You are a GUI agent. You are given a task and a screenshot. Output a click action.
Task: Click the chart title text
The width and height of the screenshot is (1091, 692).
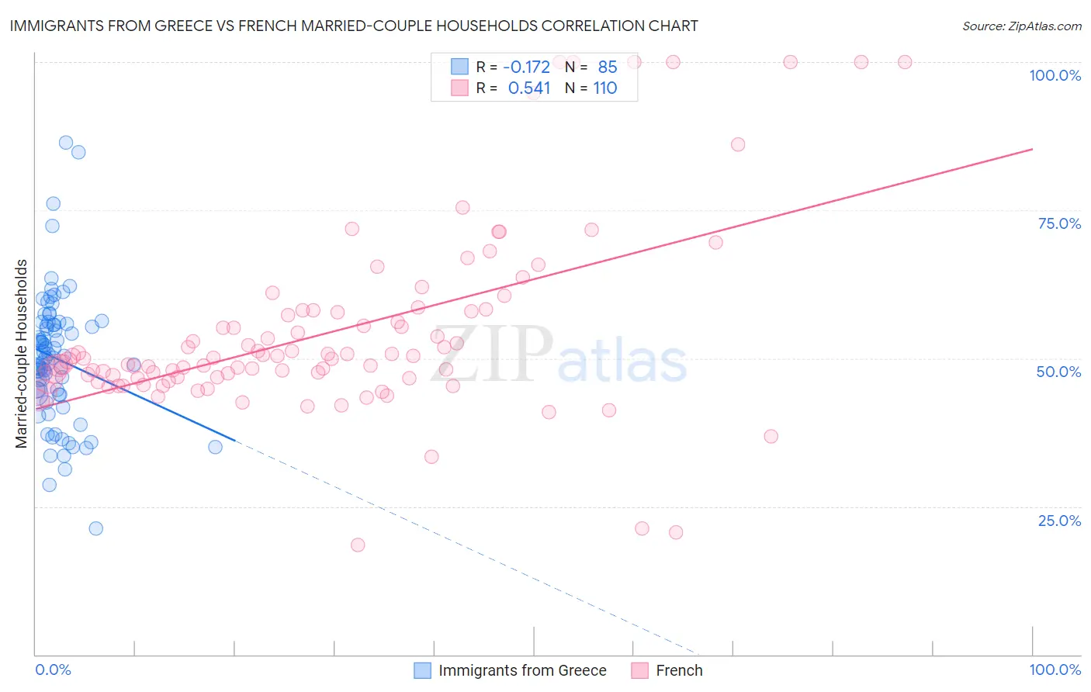354,26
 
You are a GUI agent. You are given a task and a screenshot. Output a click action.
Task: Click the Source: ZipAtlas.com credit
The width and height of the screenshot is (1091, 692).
1021,26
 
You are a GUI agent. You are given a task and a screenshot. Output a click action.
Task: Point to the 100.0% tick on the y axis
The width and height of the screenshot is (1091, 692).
1055,75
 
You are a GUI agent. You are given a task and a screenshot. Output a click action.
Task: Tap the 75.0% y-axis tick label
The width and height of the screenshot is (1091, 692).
1059,223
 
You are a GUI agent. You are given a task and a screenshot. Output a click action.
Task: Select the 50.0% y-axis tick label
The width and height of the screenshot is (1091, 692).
1058,372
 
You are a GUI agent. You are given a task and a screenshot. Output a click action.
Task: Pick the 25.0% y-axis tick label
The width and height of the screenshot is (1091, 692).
1059,521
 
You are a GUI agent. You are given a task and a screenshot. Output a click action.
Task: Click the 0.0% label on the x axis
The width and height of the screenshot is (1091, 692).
53,670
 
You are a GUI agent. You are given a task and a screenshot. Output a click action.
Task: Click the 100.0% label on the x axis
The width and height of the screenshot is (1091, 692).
1055,670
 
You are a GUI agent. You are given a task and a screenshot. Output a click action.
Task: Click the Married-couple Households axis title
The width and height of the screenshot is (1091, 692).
22,353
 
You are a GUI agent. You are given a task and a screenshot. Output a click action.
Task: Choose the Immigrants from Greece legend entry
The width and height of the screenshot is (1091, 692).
522,670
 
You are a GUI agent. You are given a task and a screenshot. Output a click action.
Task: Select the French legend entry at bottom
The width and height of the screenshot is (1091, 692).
679,670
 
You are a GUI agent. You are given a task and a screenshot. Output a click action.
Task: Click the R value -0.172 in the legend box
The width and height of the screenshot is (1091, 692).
527,67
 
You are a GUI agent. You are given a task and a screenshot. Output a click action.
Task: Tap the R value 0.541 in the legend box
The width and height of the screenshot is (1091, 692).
529,88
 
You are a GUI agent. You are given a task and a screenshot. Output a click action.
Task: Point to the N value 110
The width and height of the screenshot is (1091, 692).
605,88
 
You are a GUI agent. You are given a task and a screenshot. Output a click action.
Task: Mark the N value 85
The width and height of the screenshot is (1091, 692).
608,67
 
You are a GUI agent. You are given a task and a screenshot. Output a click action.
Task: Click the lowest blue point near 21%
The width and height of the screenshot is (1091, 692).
96,528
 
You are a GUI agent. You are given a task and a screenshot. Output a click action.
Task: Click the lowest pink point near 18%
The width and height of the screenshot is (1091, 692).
358,545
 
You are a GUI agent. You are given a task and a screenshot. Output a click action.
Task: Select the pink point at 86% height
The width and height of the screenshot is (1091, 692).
738,144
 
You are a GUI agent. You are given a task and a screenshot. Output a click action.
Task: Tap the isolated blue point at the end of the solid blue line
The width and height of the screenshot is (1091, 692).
216,447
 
